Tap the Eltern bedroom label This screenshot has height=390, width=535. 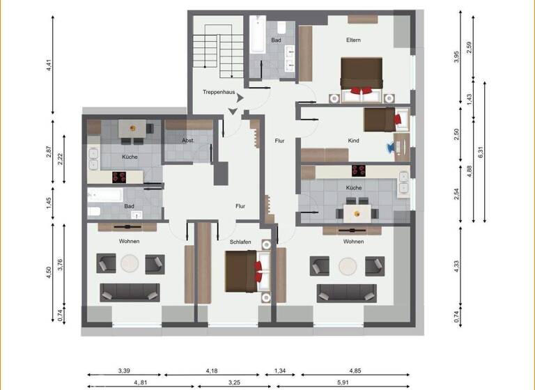[x=353, y=40]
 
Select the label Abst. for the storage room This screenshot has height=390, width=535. [x=187, y=140]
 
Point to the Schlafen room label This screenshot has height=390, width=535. [x=240, y=242]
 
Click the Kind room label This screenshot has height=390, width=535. [x=353, y=141]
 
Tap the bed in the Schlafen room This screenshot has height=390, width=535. [x=245, y=270]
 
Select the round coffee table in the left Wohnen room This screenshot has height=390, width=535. [x=130, y=264]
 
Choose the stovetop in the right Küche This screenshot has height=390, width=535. [x=359, y=169]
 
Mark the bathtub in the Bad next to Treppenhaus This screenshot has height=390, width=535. [x=256, y=34]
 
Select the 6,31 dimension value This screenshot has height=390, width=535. [x=481, y=149]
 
